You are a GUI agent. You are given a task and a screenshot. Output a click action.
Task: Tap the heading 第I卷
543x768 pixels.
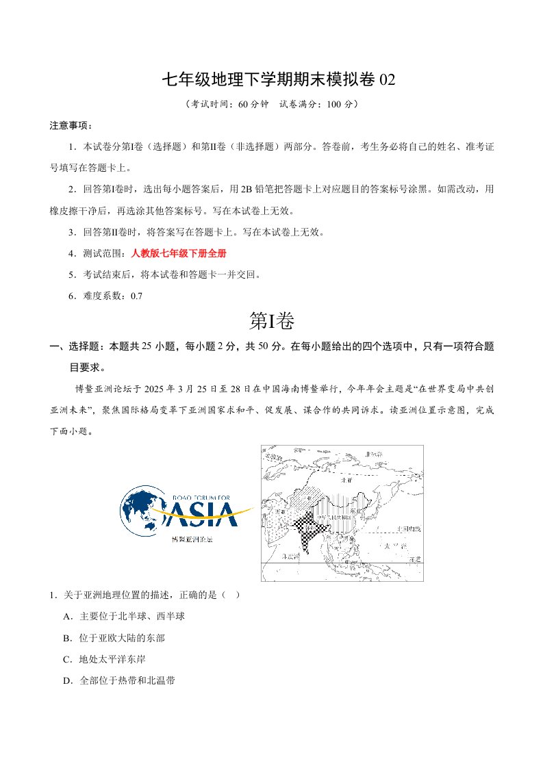(272, 320)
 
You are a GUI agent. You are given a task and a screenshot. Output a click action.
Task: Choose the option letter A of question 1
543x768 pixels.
(67, 616)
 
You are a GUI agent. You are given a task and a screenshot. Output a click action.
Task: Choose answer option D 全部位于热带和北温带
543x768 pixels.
(125, 680)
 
